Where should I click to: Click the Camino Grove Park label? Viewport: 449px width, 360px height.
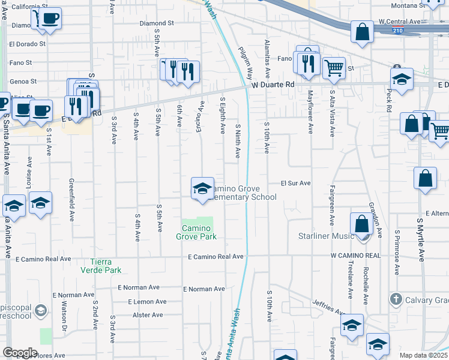pos(196,232)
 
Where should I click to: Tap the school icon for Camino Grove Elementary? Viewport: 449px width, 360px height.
pos(202,189)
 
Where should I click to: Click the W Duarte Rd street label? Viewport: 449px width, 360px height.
pos(273,85)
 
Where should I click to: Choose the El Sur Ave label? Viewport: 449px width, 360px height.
pos(295,183)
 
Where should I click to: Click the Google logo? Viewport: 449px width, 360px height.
pos(20,353)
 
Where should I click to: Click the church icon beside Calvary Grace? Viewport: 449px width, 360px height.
pos(395,299)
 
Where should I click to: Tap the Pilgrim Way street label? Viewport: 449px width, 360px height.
pos(246,64)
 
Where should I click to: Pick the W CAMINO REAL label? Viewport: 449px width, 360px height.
pos(355,256)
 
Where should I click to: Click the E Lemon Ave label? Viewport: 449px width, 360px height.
pos(142,302)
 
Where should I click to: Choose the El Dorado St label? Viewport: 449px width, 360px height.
pos(27,44)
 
